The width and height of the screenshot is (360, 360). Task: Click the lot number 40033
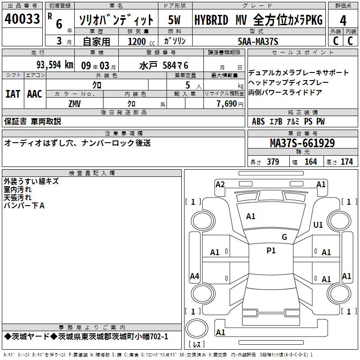(x=22, y=19)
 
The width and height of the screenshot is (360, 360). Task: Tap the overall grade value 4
(x=343, y=21)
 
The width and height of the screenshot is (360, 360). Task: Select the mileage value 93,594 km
(x=55, y=65)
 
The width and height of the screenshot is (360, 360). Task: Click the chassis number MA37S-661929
(x=302, y=143)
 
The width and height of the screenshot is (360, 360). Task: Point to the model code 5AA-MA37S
(x=258, y=41)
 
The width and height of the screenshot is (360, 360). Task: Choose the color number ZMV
(x=75, y=104)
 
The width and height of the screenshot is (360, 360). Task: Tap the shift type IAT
(x=13, y=94)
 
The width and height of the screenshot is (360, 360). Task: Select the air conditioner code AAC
(x=35, y=94)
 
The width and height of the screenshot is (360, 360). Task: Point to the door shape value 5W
(x=174, y=20)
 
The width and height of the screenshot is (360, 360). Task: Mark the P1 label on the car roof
(x=271, y=251)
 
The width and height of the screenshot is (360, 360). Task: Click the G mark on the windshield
(x=284, y=237)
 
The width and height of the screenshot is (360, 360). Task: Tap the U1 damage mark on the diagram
(x=318, y=225)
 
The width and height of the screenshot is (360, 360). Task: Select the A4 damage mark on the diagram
(x=194, y=276)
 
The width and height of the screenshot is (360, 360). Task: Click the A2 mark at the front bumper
(x=220, y=184)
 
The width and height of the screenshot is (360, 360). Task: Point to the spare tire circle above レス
(x=197, y=328)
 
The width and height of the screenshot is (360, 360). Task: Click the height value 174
(x=346, y=162)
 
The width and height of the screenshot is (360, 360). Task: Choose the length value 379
(x=273, y=162)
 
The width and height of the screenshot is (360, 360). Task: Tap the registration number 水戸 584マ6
(x=164, y=66)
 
